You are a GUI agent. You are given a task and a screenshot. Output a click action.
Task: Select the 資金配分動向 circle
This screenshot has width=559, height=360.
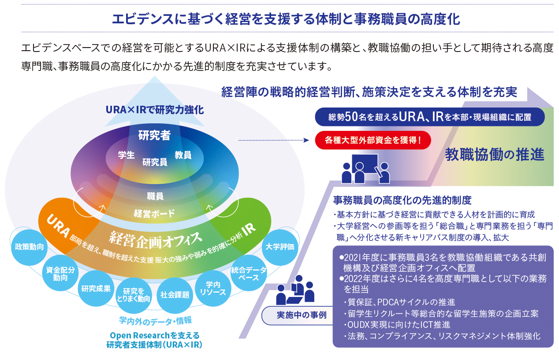pos(60,274)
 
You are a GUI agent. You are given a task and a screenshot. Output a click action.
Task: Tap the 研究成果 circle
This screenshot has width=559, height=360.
pos(96,289)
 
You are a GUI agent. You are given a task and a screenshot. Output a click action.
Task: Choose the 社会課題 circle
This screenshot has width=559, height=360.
pos(175,295)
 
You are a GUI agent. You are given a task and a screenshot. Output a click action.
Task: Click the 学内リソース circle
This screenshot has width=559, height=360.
pos(212,289)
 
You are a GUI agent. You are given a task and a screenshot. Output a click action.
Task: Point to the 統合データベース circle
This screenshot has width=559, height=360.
pos(249,274)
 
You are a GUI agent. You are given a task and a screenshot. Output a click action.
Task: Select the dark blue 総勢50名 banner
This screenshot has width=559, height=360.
pos(430,117)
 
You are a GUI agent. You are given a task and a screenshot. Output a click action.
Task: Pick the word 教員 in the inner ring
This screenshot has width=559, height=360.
pos(183,155)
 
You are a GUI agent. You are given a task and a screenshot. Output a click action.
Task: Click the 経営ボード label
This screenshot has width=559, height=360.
pos(154,214)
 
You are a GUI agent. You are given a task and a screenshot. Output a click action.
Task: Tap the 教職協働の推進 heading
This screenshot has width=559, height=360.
pos(495,154)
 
